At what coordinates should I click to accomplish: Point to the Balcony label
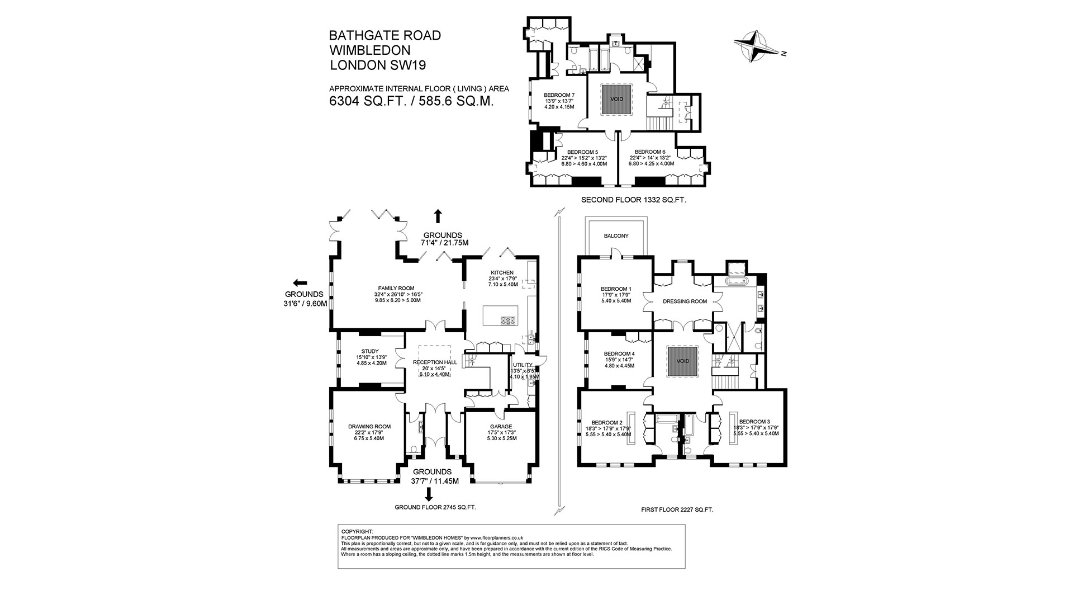pyautogui.click(x=616, y=236)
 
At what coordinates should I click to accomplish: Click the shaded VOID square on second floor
pyautogui.click(x=616, y=100)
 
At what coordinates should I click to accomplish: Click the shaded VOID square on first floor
pyautogui.click(x=683, y=361)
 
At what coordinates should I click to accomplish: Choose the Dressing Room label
pyautogui.click(x=685, y=301)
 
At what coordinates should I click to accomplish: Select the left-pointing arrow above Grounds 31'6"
pyautogui.click(x=300, y=282)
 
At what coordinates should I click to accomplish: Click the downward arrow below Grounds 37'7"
pyautogui.click(x=429, y=495)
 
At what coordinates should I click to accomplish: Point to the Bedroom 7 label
pyautogui.click(x=559, y=95)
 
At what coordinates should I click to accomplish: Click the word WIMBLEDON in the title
pyautogui.click(x=369, y=50)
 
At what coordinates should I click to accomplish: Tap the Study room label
pyautogui.click(x=369, y=351)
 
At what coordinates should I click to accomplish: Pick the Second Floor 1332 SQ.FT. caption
pyautogui.click(x=633, y=200)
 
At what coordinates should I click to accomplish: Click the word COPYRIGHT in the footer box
pyautogui.click(x=357, y=531)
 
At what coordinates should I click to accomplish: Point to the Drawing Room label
pyautogui.click(x=369, y=426)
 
